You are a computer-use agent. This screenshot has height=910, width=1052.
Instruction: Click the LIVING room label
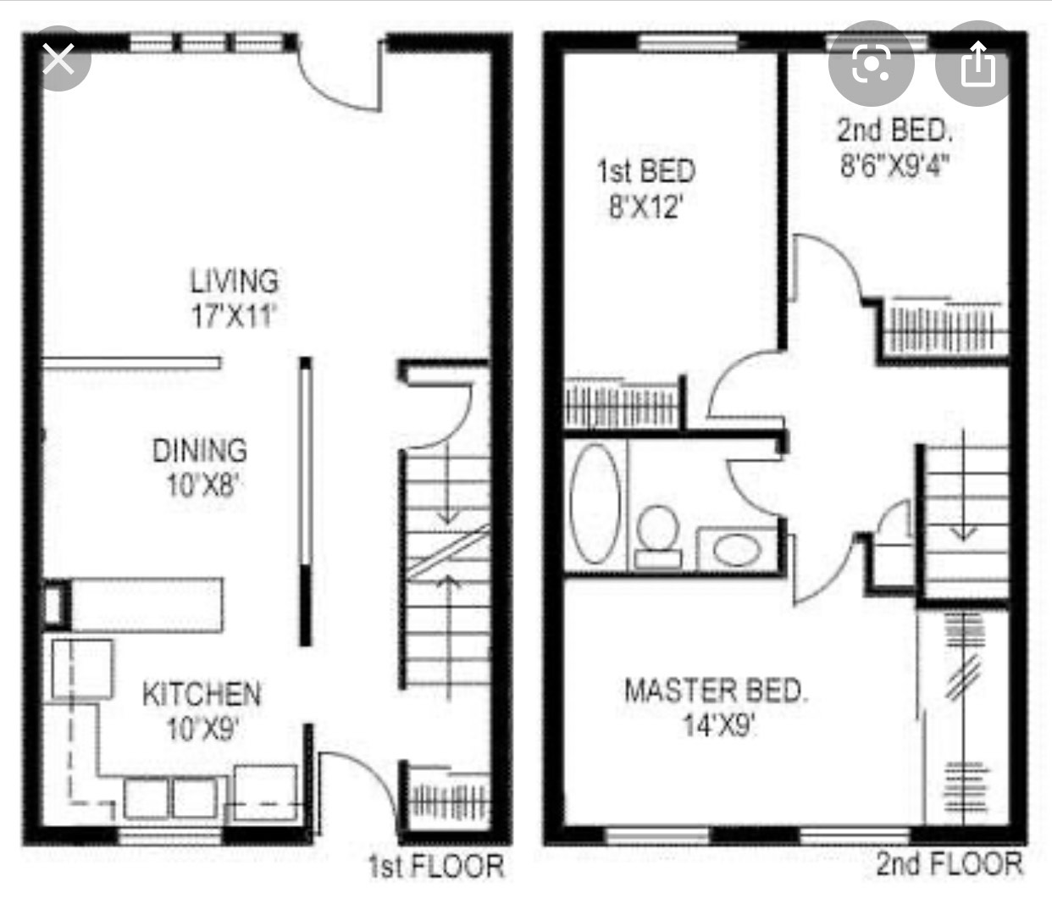click(234, 280)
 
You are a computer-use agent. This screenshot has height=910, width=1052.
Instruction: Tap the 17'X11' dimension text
click(234, 315)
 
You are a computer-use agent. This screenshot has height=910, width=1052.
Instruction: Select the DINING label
click(200, 450)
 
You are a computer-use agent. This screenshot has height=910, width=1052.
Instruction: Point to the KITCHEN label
click(202, 694)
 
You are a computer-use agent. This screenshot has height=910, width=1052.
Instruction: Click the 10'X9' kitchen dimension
click(202, 728)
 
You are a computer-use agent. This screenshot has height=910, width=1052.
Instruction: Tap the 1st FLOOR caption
click(436, 866)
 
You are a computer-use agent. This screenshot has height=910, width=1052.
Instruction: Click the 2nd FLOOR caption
click(950, 863)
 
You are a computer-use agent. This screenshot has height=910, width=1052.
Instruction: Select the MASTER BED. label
click(716, 691)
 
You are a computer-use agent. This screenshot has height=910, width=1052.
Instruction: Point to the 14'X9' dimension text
click(718, 724)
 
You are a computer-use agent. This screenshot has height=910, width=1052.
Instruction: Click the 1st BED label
click(646, 170)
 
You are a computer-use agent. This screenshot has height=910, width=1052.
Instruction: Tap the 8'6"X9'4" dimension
click(895, 164)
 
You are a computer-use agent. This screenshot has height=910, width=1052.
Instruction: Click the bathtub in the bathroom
click(595, 503)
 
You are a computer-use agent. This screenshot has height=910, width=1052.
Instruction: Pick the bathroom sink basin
click(737, 550)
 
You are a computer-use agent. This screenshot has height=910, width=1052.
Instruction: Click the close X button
click(58, 58)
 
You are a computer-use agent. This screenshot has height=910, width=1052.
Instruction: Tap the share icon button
click(977, 64)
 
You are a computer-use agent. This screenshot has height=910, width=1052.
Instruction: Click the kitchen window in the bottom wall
click(170, 836)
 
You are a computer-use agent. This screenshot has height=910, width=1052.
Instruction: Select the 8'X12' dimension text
click(646, 208)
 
